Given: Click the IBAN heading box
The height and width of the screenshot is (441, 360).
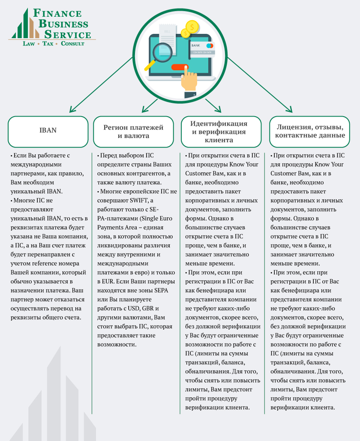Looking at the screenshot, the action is tap(48, 132).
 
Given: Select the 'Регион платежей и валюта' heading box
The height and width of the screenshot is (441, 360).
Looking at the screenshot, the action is tap(133, 132).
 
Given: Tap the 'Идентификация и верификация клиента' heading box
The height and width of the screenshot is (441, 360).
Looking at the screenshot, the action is tap(221, 132).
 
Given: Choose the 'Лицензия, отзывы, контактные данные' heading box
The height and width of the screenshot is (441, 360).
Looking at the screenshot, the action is tap(310, 132).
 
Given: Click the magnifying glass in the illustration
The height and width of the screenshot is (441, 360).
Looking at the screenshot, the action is tap(161, 54).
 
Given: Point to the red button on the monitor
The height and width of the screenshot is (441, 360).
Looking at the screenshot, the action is tap(180, 67).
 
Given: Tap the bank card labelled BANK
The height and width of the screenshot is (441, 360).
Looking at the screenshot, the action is tap(202, 49).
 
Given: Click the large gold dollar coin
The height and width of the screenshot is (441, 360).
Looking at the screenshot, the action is tap(192, 27).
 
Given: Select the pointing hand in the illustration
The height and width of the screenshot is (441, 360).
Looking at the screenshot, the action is tap(189, 81).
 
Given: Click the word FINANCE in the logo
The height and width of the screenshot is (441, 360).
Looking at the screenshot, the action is tap(58, 13).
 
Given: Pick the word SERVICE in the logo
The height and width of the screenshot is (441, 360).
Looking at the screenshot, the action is tap(68, 34).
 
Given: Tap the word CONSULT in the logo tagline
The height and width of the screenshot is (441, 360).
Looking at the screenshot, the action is tap(72, 44).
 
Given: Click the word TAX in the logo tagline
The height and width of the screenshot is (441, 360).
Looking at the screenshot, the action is tap(48, 44).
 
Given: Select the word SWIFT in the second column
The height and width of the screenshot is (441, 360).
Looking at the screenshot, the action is tap(139, 200).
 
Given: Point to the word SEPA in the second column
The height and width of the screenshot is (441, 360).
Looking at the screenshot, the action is tap(161, 290).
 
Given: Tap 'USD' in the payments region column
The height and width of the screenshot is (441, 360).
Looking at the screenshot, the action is tap(134, 308).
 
